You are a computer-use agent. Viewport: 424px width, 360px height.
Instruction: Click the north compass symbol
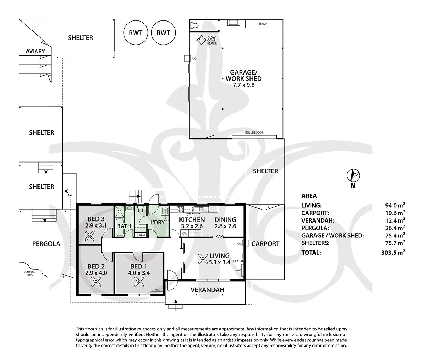[353, 176]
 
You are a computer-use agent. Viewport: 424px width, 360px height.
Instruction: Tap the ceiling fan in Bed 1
[139, 282]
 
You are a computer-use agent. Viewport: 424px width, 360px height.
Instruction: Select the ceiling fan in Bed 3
[90, 236]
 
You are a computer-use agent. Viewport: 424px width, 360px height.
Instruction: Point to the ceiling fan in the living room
[203, 259]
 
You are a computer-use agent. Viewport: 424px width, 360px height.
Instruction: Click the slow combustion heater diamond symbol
[201, 40]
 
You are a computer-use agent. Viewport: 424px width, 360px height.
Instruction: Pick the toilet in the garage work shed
[194, 25]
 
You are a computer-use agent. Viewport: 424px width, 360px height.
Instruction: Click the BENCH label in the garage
[263, 24]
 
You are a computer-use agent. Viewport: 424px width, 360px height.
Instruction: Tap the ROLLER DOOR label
[254, 132]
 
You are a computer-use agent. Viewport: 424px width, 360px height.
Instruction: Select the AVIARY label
[35, 51]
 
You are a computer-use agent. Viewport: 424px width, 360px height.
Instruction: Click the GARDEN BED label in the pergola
[30, 274]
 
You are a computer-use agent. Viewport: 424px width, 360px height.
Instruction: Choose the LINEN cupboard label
[141, 235]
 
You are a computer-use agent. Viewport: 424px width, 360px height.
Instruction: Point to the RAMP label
[70, 195]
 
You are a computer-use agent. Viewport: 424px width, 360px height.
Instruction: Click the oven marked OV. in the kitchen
[184, 233]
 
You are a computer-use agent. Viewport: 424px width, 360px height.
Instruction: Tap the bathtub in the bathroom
[119, 227]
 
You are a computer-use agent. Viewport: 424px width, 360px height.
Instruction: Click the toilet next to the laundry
[141, 209]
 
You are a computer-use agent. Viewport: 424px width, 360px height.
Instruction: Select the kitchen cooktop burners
[180, 209]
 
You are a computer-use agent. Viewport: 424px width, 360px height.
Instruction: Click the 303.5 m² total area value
[393, 252]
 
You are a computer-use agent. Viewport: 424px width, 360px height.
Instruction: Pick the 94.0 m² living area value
[395, 205]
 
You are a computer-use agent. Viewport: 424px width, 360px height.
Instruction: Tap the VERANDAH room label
[207, 290]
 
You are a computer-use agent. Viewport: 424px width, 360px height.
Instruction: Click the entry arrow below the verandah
[176, 305]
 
